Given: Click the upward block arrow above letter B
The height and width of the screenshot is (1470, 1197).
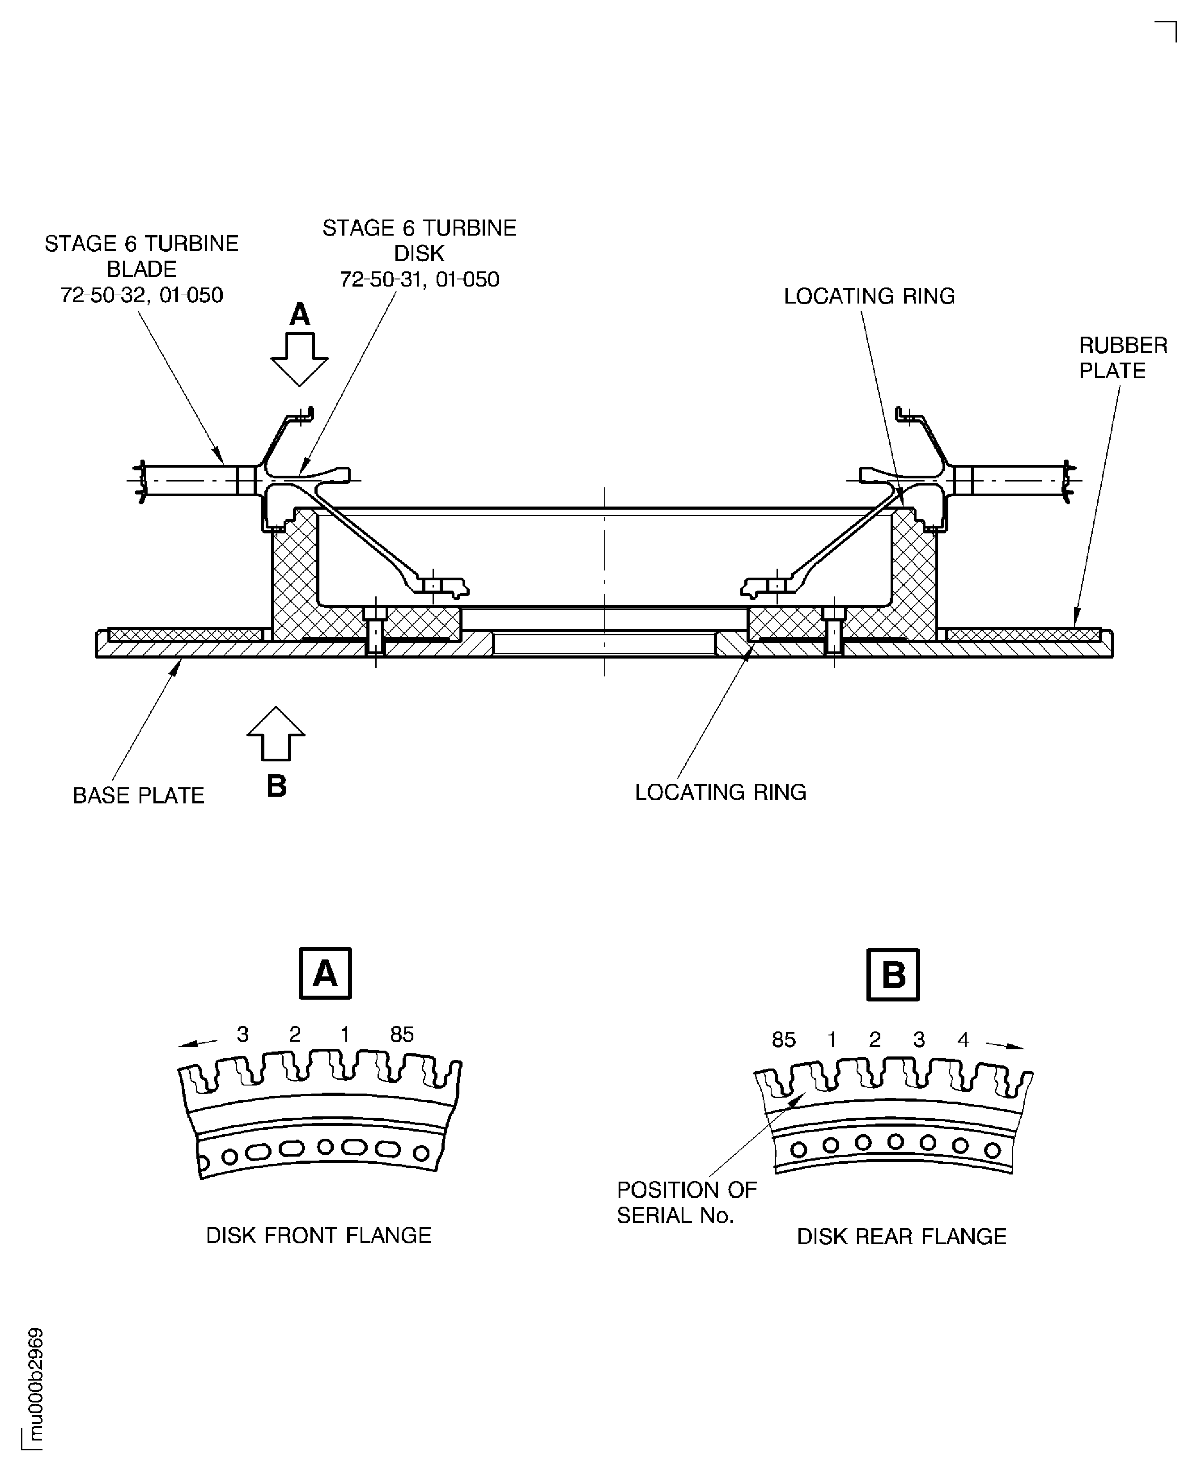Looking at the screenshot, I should (x=276, y=733).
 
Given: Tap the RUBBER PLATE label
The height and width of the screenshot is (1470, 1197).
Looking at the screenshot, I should (x=1123, y=358).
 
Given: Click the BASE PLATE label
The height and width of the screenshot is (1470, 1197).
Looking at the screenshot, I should (x=139, y=795).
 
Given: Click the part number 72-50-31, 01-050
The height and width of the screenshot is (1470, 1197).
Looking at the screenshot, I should (x=419, y=280).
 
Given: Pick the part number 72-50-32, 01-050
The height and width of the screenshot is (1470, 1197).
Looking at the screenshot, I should (x=141, y=296).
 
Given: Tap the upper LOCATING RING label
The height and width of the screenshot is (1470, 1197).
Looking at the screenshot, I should (x=869, y=296).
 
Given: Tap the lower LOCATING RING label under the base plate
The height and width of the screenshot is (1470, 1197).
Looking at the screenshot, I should (x=720, y=793).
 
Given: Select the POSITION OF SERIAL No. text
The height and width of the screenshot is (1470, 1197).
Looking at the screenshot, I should (x=686, y=1203).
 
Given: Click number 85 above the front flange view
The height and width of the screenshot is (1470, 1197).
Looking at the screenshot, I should (x=402, y=1035).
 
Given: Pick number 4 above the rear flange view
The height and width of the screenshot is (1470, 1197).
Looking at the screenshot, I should (x=963, y=1040).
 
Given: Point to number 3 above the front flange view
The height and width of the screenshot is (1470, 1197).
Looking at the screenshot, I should (x=243, y=1035).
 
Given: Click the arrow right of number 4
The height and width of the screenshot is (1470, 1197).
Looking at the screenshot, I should (x=1005, y=1045).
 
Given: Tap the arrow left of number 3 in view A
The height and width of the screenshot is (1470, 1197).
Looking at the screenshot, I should (x=197, y=1043).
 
